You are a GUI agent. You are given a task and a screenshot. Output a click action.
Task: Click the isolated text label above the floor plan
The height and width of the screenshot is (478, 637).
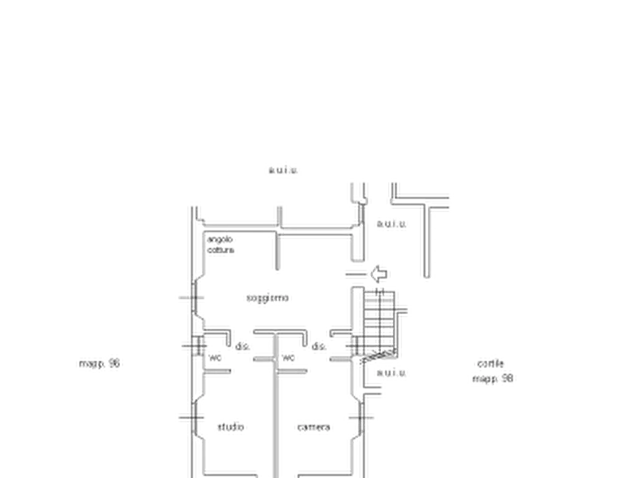285,171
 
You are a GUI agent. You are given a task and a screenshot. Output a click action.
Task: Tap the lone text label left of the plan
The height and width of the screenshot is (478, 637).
100,365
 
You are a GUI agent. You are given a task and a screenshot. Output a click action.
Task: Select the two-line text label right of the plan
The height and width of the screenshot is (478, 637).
495,372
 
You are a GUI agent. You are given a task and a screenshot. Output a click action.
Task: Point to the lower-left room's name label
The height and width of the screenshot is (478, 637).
233,427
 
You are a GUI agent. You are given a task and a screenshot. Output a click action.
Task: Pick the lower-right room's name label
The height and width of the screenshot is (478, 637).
314,427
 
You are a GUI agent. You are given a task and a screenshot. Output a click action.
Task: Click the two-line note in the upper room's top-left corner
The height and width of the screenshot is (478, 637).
222,246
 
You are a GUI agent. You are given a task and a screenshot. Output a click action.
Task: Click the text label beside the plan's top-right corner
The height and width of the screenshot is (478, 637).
393,225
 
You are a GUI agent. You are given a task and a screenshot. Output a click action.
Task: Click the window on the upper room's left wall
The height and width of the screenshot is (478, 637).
194,298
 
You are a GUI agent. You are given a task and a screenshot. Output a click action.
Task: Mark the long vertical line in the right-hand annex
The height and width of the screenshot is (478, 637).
429,239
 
